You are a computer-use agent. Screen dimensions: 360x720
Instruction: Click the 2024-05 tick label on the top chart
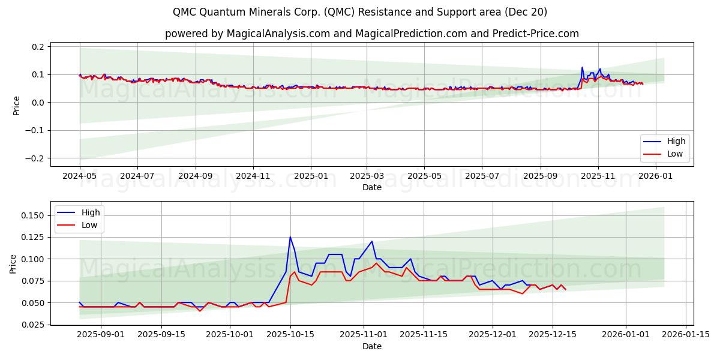(x=80, y=177)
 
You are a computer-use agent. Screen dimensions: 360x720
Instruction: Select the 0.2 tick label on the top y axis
(x=37, y=47)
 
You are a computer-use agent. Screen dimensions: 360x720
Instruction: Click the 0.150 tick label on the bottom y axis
(x=31, y=215)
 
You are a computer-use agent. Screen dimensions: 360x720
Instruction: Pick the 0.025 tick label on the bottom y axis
(x=31, y=325)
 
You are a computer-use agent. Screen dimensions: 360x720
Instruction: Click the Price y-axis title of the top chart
(x=17, y=105)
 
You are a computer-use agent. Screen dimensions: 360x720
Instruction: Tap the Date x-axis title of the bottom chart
(x=372, y=346)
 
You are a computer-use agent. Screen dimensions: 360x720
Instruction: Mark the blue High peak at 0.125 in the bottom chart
(x=290, y=237)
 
